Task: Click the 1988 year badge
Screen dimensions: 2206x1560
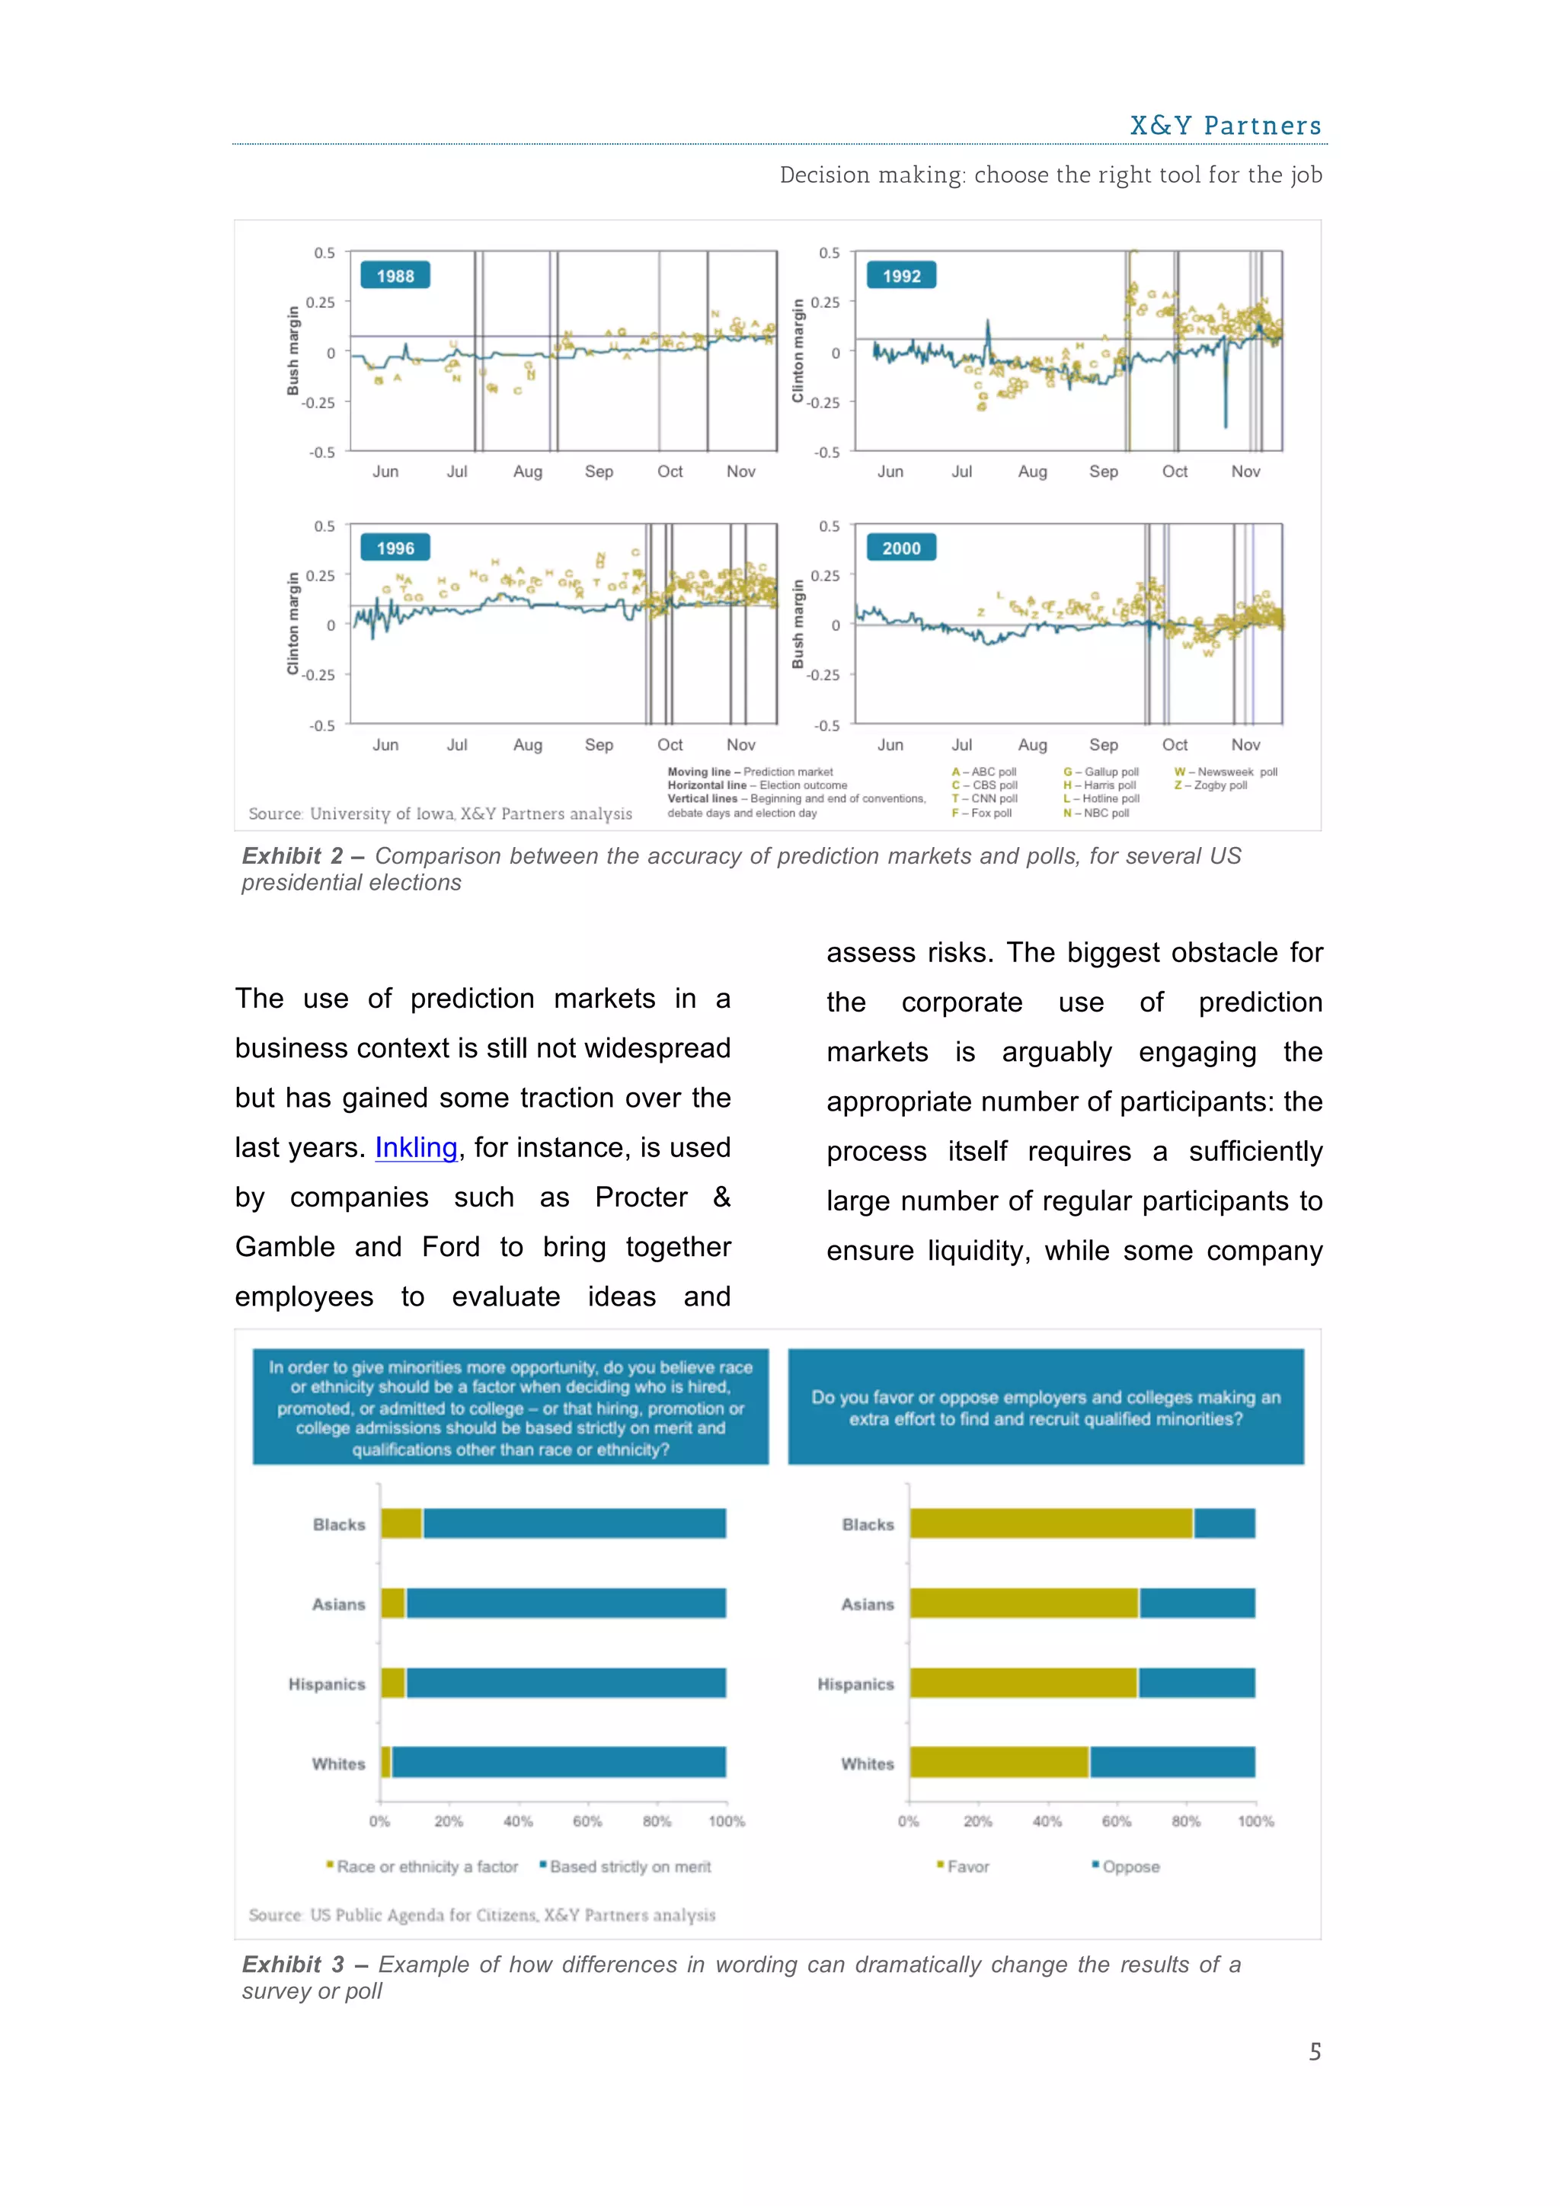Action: click(x=395, y=276)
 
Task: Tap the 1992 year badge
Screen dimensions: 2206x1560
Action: click(x=901, y=276)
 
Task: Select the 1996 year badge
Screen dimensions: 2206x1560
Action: click(x=395, y=548)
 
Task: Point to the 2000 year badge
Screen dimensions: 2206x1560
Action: click(x=901, y=548)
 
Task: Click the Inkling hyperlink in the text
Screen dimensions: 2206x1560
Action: click(x=415, y=1147)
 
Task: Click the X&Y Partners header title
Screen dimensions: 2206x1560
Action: click(x=1225, y=126)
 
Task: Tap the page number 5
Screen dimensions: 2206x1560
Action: click(x=1314, y=2051)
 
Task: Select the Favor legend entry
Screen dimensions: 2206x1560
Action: click(x=967, y=1866)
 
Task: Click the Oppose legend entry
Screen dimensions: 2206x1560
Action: click(x=1130, y=1866)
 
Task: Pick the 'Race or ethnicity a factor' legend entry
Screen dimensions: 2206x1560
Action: click(x=427, y=1866)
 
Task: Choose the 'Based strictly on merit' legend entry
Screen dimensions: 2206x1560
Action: click(x=629, y=1866)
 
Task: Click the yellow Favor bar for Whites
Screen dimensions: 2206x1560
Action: click(x=999, y=1762)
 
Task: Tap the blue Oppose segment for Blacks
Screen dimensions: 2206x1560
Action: click(x=1224, y=1523)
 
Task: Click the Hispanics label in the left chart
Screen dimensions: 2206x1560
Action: click(x=327, y=1683)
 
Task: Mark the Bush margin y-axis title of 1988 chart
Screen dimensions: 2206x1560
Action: click(x=293, y=350)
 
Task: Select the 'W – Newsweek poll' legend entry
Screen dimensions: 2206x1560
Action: click(x=1226, y=772)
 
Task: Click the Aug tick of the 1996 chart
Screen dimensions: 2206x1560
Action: click(x=527, y=745)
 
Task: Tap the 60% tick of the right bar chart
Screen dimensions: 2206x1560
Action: click(x=1116, y=1821)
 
